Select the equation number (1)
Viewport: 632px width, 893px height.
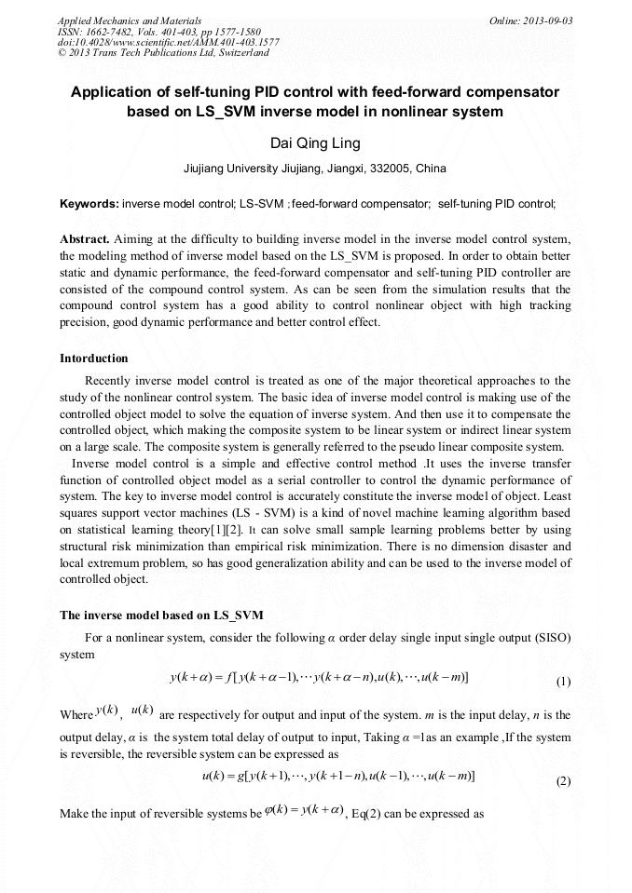click(x=563, y=682)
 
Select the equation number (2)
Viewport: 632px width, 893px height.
click(x=563, y=781)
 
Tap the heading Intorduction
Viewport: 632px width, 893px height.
click(x=94, y=359)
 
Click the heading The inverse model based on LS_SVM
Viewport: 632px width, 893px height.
click(x=161, y=616)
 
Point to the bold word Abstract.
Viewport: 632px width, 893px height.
click(x=85, y=238)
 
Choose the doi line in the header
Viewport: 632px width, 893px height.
click(x=168, y=42)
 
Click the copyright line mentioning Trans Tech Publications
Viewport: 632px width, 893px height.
click(x=163, y=53)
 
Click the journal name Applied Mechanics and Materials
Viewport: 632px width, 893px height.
click(x=130, y=20)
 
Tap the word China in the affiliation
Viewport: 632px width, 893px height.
click(x=404, y=169)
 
